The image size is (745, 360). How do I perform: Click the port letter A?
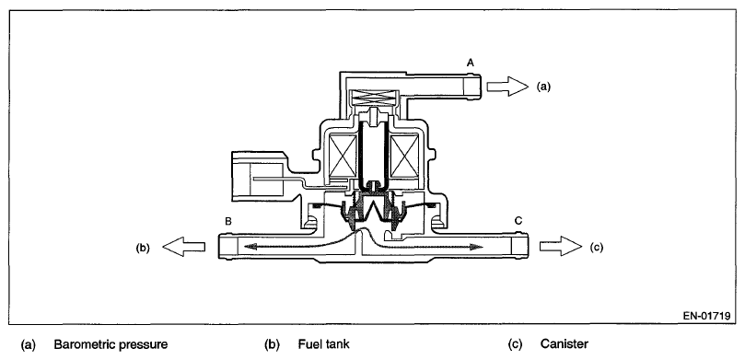tap(471, 63)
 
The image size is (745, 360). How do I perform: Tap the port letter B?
tap(228, 221)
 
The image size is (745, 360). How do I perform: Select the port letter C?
tap(518, 220)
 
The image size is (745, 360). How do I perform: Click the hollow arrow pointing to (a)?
tap(508, 87)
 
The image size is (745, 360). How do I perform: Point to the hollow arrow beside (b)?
tap(184, 247)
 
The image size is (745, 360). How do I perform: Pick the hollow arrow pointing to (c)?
tap(561, 246)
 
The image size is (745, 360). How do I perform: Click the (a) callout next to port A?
tap(544, 87)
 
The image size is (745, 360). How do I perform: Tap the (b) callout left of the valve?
tap(143, 248)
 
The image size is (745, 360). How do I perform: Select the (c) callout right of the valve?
tap(597, 247)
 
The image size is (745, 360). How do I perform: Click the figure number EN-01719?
tap(706, 316)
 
